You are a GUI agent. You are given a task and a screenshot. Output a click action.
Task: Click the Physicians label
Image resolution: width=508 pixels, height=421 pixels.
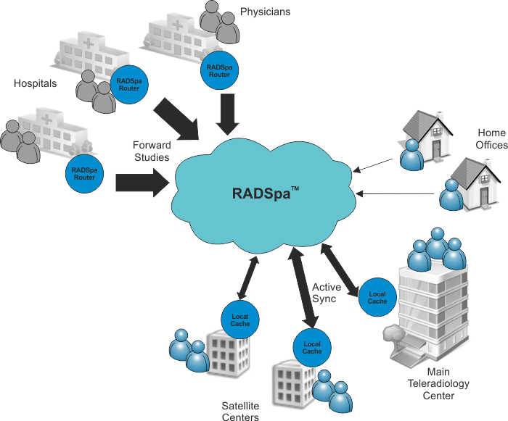(x=265, y=12)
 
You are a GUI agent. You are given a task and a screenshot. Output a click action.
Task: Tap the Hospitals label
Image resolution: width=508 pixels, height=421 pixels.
(x=36, y=83)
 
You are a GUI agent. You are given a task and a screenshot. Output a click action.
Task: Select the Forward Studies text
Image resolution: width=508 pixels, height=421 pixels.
(x=151, y=151)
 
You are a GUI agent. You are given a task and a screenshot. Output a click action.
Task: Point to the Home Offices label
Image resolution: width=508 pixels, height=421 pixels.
(x=491, y=139)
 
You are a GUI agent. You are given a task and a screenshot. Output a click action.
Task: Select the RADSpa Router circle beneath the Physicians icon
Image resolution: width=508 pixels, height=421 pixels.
(x=218, y=70)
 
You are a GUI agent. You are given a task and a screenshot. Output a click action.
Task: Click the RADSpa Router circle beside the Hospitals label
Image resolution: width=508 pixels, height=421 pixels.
(x=129, y=84)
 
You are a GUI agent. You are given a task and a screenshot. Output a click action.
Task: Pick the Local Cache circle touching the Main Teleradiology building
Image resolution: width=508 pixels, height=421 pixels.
(x=377, y=296)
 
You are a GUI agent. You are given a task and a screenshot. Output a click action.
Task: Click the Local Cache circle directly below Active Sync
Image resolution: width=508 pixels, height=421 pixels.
(x=312, y=347)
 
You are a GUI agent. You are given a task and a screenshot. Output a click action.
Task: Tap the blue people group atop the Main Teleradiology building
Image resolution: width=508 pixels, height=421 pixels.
(x=435, y=249)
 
